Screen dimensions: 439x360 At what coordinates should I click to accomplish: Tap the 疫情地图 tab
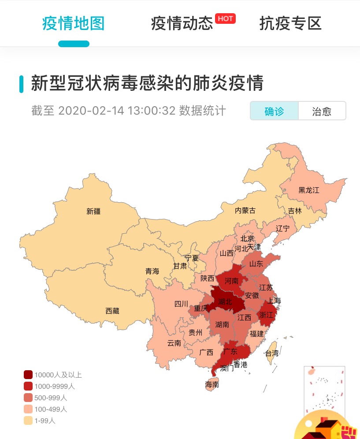point(74,23)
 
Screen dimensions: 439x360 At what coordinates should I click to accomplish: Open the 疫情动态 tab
point(182,23)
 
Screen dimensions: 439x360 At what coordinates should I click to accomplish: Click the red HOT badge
point(225,19)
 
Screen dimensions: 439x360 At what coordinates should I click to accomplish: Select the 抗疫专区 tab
point(290,23)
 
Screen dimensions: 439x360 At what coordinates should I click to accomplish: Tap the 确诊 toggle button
point(274,111)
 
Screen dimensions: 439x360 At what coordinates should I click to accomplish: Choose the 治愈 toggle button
point(322,111)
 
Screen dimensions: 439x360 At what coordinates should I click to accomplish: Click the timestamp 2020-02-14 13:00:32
point(117,110)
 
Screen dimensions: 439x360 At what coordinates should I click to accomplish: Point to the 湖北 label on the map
point(225,302)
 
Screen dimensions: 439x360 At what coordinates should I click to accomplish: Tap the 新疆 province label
point(93,211)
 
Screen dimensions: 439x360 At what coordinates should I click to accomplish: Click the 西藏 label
point(112,311)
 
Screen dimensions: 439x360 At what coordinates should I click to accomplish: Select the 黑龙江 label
point(308,190)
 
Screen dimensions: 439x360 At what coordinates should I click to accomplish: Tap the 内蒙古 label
point(245,210)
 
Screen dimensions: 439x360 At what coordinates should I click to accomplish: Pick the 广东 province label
point(230,351)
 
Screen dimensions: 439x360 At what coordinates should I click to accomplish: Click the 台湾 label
point(271,353)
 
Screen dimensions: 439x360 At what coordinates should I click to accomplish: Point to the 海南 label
point(212,384)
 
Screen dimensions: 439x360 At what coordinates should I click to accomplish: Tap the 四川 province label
point(181,304)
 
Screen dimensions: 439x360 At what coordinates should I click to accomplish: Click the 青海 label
point(152,271)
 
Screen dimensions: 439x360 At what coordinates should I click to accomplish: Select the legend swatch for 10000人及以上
point(28,375)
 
